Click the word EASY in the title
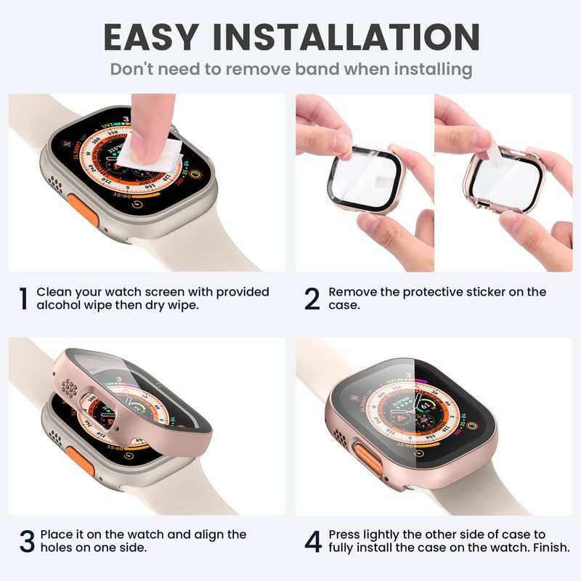click(150, 37)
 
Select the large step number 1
click(23, 298)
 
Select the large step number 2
click(312, 298)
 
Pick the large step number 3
click(27, 541)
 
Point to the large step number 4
click(313, 541)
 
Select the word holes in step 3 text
click(56, 548)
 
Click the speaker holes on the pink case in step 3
click(69, 388)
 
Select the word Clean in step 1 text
click(54, 293)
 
